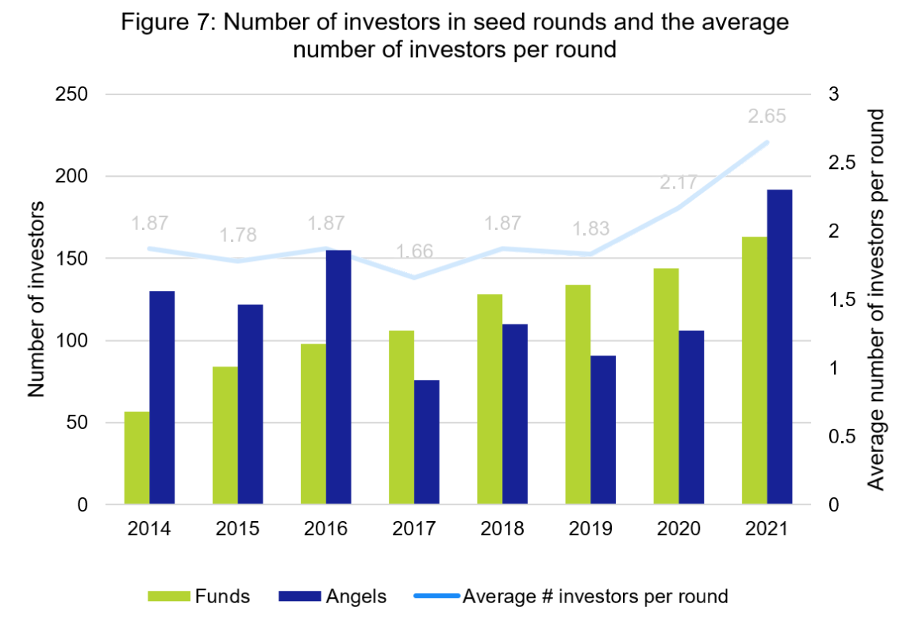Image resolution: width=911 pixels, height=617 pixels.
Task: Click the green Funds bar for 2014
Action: pyautogui.click(x=137, y=458)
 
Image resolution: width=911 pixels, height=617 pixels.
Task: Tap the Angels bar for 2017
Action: pyautogui.click(x=426, y=442)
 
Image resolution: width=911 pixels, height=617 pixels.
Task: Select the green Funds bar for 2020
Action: pyautogui.click(x=666, y=386)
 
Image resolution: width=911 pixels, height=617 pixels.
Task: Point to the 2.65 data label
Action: pyautogui.click(x=767, y=117)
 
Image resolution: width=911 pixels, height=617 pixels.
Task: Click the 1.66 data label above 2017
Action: pyautogui.click(x=414, y=252)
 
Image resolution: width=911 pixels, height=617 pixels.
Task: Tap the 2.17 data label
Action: pyautogui.click(x=678, y=182)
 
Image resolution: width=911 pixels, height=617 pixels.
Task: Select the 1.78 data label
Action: pyautogui.click(x=238, y=235)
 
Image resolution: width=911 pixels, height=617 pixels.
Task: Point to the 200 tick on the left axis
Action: pyautogui.click(x=72, y=177)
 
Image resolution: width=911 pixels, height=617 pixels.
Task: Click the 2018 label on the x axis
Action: pyautogui.click(x=502, y=529)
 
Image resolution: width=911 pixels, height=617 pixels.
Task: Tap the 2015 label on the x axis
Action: pyautogui.click(x=238, y=529)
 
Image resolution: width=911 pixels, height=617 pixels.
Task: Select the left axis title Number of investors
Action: pyautogui.click(x=36, y=299)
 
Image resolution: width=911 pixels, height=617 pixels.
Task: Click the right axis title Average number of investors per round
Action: pyautogui.click(x=876, y=300)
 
